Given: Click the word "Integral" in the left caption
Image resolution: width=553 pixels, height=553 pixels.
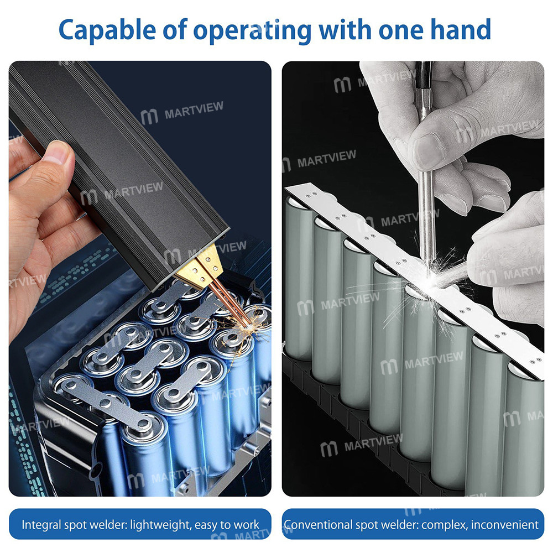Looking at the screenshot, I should tap(40, 524).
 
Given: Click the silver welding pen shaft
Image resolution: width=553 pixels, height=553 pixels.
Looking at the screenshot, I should tap(425, 210).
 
